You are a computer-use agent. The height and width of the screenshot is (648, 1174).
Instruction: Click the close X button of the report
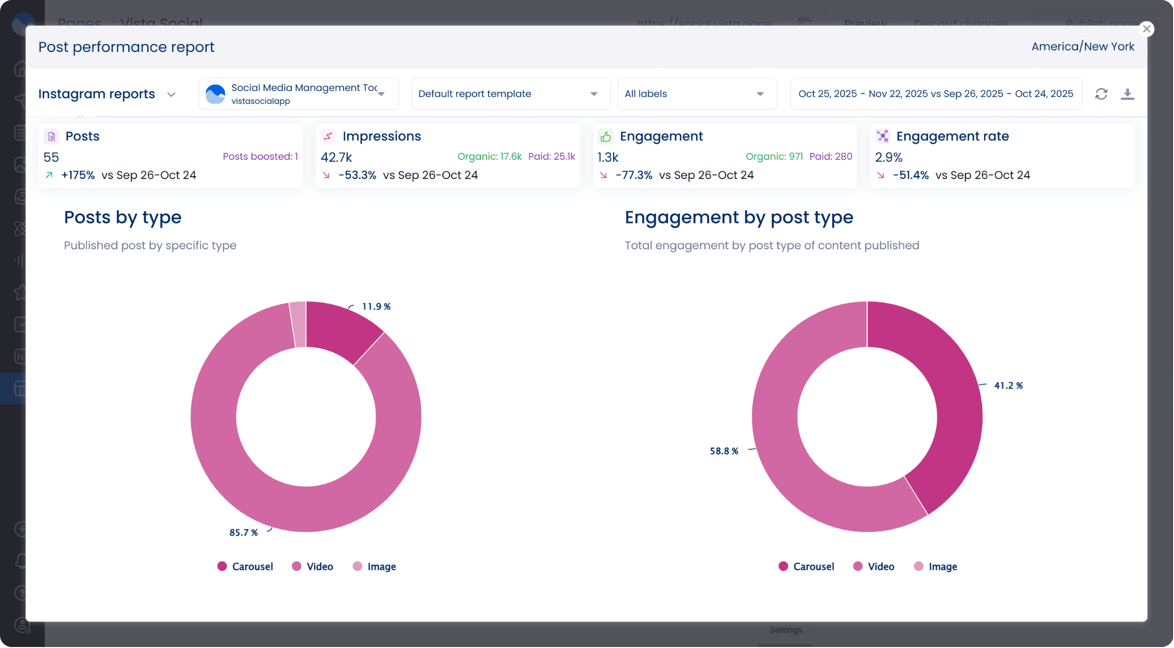tap(1146, 29)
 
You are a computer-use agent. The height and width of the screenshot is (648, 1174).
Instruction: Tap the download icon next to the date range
tap(1127, 94)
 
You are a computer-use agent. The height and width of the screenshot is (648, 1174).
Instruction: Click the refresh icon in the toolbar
tap(1101, 94)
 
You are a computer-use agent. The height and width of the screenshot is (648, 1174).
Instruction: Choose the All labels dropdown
tap(696, 94)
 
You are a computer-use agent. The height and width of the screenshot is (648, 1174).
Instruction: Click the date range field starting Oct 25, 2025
tap(935, 94)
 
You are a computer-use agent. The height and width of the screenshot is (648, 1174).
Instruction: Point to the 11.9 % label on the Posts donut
tap(376, 307)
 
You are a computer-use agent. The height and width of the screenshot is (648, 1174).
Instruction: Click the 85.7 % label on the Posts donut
tap(243, 533)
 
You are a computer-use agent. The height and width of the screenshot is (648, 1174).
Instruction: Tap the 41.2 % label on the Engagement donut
tap(1008, 386)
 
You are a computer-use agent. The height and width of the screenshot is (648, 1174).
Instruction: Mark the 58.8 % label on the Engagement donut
tap(723, 451)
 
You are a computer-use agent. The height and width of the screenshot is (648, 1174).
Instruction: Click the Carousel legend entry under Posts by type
tap(245, 566)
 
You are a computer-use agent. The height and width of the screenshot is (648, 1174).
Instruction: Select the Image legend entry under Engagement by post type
tap(936, 566)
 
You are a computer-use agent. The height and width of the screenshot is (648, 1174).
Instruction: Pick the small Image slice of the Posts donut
tap(298, 324)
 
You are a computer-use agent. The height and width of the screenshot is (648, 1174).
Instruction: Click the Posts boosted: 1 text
tap(260, 157)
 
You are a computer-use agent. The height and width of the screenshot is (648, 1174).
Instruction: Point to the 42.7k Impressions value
tap(336, 157)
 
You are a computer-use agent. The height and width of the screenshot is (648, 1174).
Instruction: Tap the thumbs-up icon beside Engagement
tap(605, 137)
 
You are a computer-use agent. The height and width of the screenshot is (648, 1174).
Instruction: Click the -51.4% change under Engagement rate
tap(910, 175)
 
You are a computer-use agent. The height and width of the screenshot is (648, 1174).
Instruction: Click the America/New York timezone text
tap(1083, 46)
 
